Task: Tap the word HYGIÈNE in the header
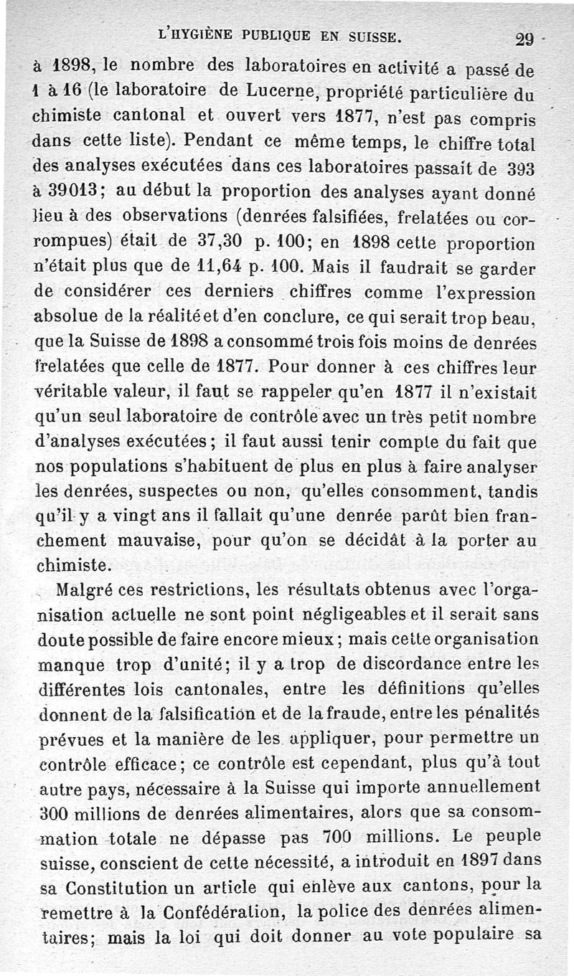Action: (206, 33)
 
